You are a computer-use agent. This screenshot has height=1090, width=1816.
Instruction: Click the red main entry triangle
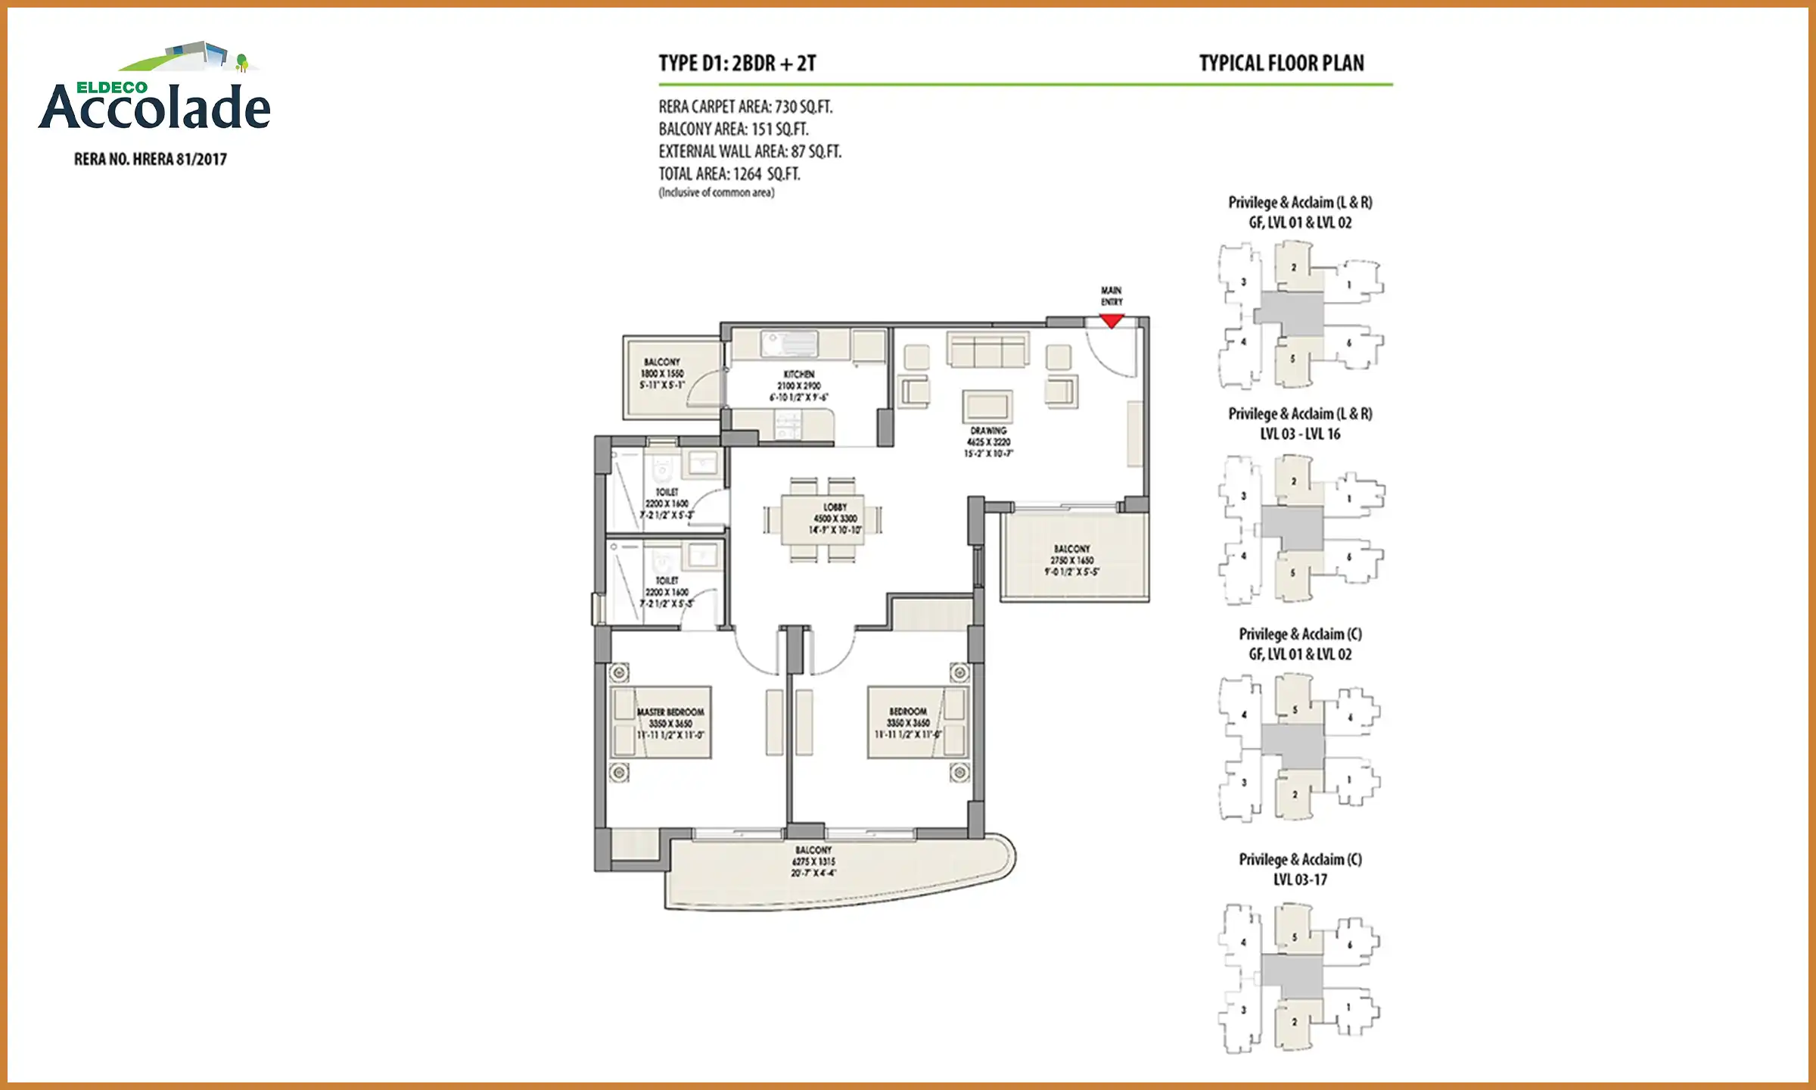pyautogui.click(x=1111, y=321)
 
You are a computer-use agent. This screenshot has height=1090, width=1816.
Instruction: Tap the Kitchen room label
pyautogui.click(x=799, y=385)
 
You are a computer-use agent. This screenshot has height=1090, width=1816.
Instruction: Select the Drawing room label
pyautogui.click(x=988, y=441)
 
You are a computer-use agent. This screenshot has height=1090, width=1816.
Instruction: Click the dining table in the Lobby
pyautogui.click(x=822, y=519)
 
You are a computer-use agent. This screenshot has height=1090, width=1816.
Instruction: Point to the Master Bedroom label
pyautogui.click(x=670, y=723)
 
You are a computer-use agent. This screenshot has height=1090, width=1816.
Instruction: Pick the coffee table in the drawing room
pyautogui.click(x=987, y=406)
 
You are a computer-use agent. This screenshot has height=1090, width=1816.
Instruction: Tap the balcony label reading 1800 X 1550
pyautogui.click(x=662, y=373)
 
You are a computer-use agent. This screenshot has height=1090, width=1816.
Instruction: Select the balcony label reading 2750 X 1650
pyautogui.click(x=1071, y=560)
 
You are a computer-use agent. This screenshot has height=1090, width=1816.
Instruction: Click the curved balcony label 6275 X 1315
pyautogui.click(x=813, y=861)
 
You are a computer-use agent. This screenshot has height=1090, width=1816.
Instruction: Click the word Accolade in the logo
pyautogui.click(x=155, y=108)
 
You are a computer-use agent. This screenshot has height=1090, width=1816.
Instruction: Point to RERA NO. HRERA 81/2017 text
pyautogui.click(x=150, y=159)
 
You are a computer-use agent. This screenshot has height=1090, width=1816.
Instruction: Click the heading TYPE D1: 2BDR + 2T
pyautogui.click(x=737, y=64)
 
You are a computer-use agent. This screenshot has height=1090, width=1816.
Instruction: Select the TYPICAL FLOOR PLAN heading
pyautogui.click(x=1281, y=64)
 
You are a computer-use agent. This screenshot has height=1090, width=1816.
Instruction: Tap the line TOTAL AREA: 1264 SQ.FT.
pyautogui.click(x=729, y=174)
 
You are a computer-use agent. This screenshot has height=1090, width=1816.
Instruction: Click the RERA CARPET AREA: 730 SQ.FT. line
pyautogui.click(x=745, y=107)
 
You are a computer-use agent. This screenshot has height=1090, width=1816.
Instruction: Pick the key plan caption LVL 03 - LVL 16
pyautogui.click(x=1299, y=434)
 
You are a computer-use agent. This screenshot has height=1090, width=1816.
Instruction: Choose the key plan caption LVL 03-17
pyautogui.click(x=1299, y=880)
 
